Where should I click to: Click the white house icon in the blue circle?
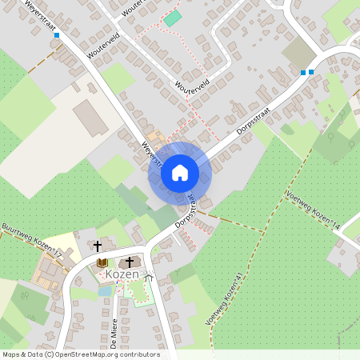click(179, 172)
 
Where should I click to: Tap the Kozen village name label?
click(122, 274)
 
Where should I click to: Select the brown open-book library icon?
click(102, 262)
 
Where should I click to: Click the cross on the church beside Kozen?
click(130, 262)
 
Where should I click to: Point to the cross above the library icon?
click(98, 246)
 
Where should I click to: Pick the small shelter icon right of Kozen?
click(148, 276)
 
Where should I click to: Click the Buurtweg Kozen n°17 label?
click(32, 239)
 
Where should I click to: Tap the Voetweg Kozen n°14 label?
click(313, 211)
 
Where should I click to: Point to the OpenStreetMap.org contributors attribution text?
click(107, 354)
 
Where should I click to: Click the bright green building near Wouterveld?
click(173, 18)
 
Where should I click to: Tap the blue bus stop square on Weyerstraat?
click(56, 35)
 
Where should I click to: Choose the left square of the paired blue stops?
click(302, 73)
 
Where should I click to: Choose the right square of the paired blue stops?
click(311, 72)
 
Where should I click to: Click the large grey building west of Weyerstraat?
click(90, 118)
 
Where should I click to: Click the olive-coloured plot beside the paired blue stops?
click(298, 53)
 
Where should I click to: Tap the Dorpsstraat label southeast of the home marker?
click(186, 208)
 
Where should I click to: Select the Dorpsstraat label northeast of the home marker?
click(252, 122)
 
